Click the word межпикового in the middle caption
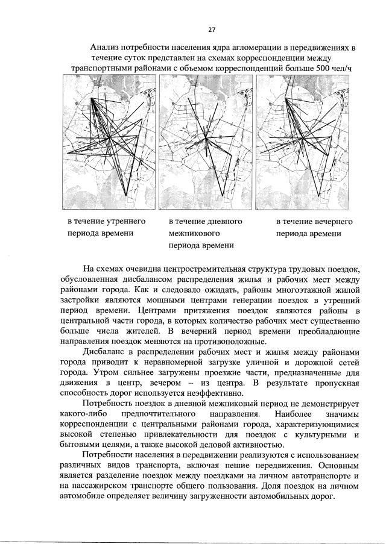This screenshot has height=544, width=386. point(194,233)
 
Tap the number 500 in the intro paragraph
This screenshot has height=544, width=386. point(324,68)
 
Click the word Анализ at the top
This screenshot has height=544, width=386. point(106,46)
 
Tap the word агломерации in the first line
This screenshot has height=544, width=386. point(238,46)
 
